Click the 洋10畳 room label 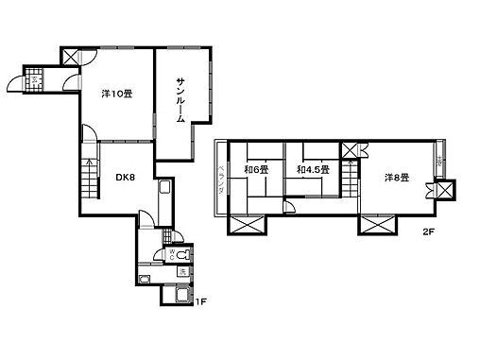[115, 93]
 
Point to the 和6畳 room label [256, 170]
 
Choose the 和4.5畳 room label [312, 170]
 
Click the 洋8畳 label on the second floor [396, 177]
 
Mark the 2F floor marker [429, 231]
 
